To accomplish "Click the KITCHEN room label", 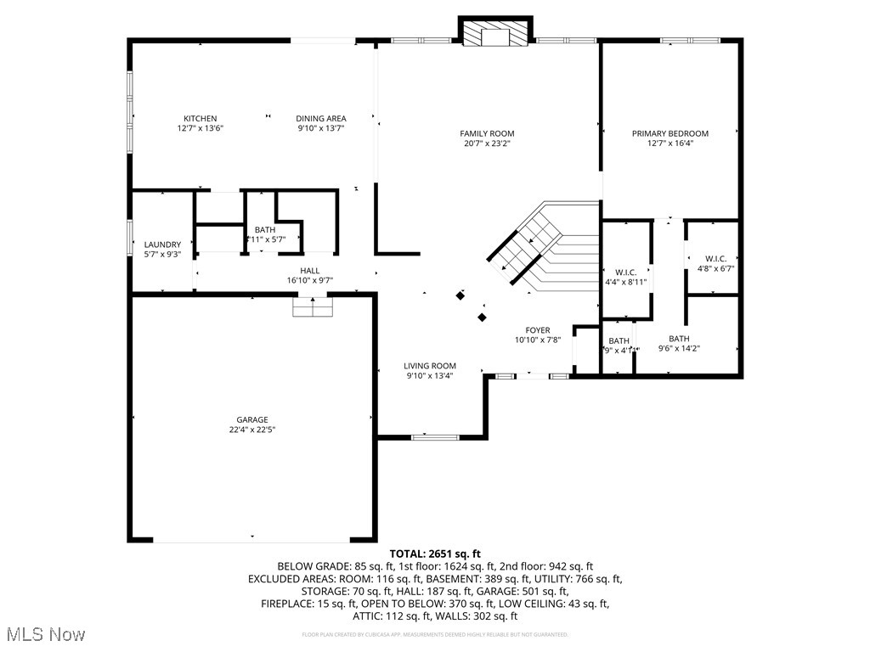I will pyautogui.click(x=201, y=118).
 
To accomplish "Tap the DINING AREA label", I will pyautogui.click(x=321, y=118).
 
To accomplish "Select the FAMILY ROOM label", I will pyautogui.click(x=487, y=133).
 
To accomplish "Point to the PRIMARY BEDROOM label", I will pyautogui.click(x=669, y=133).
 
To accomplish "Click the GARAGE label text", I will pyautogui.click(x=252, y=419).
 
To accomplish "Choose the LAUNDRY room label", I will pyautogui.click(x=162, y=244).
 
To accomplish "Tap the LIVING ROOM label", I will pyautogui.click(x=430, y=366).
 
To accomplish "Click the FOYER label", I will pyautogui.click(x=537, y=330).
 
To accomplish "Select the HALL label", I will pyautogui.click(x=309, y=270).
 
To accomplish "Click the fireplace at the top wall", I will pyautogui.click(x=495, y=33).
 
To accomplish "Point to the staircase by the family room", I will pyautogui.click(x=544, y=246).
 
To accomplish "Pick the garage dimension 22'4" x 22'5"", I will pyautogui.click(x=252, y=430).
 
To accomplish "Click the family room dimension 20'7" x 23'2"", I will pyautogui.click(x=487, y=143).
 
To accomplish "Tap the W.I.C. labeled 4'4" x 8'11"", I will pyautogui.click(x=626, y=278).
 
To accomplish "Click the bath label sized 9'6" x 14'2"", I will pyautogui.click(x=679, y=343).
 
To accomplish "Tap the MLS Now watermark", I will pyautogui.click(x=43, y=634).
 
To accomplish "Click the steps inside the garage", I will pyautogui.click(x=314, y=306).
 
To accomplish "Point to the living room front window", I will pyautogui.click(x=434, y=437).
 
